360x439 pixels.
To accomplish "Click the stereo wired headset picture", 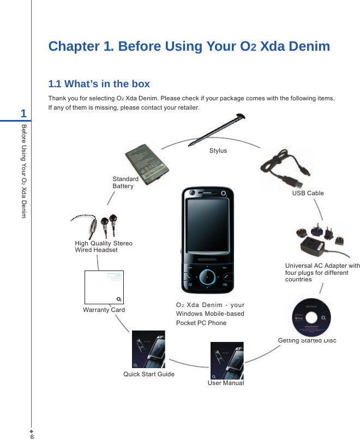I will pos(98,224).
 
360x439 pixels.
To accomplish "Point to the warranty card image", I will pos(104,286).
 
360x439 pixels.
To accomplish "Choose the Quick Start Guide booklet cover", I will pos(148,349).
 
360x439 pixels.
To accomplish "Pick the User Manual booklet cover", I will pos(226,360).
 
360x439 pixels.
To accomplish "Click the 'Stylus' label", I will pos(218,151).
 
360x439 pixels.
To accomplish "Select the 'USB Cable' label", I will pos(308,193).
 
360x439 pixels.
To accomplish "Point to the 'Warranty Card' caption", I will pos(104,310).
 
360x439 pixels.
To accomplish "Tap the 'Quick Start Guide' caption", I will pos(149,374).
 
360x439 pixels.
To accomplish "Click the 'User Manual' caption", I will pos(226,383).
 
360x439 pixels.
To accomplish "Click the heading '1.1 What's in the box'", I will pos(99,84).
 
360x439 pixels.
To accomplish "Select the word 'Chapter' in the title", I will pos(73,46).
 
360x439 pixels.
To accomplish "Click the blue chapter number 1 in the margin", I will pos(23,113).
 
